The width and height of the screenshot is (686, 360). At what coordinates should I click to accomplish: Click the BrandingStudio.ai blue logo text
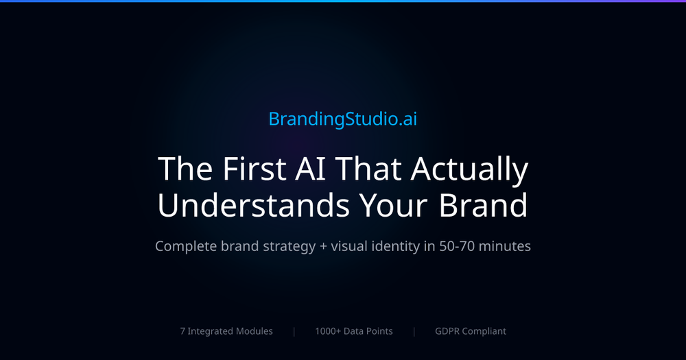342,119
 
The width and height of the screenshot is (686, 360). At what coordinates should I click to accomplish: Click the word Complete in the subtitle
185,245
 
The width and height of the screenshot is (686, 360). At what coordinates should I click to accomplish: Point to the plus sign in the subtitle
323,246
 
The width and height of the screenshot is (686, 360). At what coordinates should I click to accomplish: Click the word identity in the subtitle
398,246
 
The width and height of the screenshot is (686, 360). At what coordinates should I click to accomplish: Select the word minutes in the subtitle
505,245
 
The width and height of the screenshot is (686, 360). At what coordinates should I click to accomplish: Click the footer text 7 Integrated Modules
226,331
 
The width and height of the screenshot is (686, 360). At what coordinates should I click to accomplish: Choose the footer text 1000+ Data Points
354,331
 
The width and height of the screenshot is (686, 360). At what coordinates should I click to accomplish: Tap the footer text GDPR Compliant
471,331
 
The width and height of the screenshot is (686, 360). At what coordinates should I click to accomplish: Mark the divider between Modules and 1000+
294,331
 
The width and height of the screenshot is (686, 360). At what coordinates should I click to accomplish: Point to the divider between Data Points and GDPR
414,331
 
